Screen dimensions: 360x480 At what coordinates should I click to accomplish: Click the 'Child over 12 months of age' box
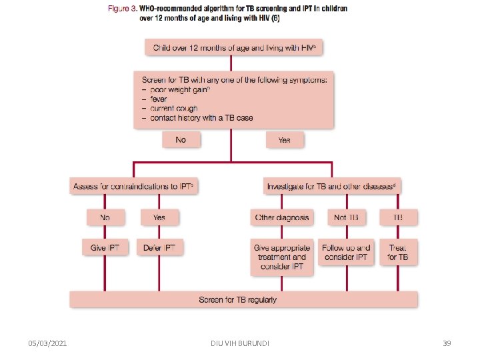[238, 47]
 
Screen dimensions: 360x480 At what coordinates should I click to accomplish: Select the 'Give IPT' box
[104, 247]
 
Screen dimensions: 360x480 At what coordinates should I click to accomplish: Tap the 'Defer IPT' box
[159, 247]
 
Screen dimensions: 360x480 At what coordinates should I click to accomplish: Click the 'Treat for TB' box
[398, 252]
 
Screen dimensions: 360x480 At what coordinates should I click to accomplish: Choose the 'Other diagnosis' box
[282, 217]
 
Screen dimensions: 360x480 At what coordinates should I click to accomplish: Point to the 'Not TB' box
[347, 217]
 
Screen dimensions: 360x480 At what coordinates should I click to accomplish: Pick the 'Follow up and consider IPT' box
[346, 252]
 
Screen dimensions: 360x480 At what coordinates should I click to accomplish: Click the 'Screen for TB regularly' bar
[244, 299]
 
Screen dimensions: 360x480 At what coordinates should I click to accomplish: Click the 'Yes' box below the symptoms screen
[284, 140]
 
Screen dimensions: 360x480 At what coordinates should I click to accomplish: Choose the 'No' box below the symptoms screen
[180, 140]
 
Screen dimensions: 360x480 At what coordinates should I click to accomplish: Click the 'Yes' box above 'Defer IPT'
[159, 217]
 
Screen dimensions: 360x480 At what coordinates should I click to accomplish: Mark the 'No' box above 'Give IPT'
[104, 217]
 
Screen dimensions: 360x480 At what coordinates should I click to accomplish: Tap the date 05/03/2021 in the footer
[47, 343]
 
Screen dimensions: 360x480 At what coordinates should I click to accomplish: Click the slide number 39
[447, 343]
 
